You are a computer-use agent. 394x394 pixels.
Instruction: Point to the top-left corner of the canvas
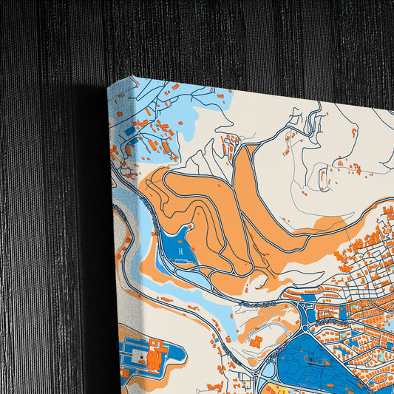coord(109,86)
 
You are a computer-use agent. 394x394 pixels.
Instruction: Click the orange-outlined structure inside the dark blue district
coord(319,360)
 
